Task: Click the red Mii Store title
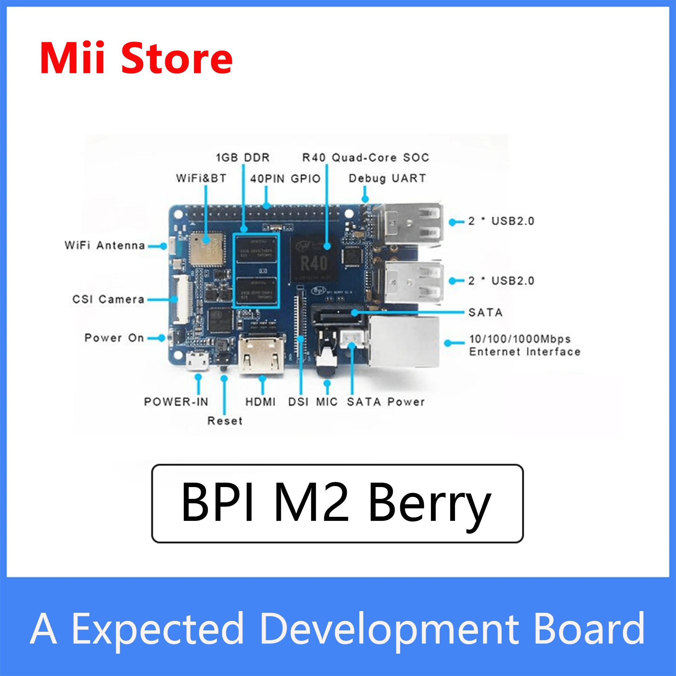(x=136, y=58)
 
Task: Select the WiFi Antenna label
(x=105, y=246)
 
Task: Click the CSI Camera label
(x=108, y=299)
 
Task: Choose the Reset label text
(x=225, y=420)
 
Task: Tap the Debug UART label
(x=387, y=178)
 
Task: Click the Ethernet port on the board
(x=404, y=342)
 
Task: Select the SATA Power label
(x=386, y=402)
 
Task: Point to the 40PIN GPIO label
(x=285, y=179)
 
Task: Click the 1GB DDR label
(x=243, y=158)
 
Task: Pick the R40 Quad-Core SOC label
(x=366, y=158)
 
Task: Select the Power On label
(x=114, y=338)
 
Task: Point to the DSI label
(x=298, y=402)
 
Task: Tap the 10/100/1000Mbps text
(x=520, y=339)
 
